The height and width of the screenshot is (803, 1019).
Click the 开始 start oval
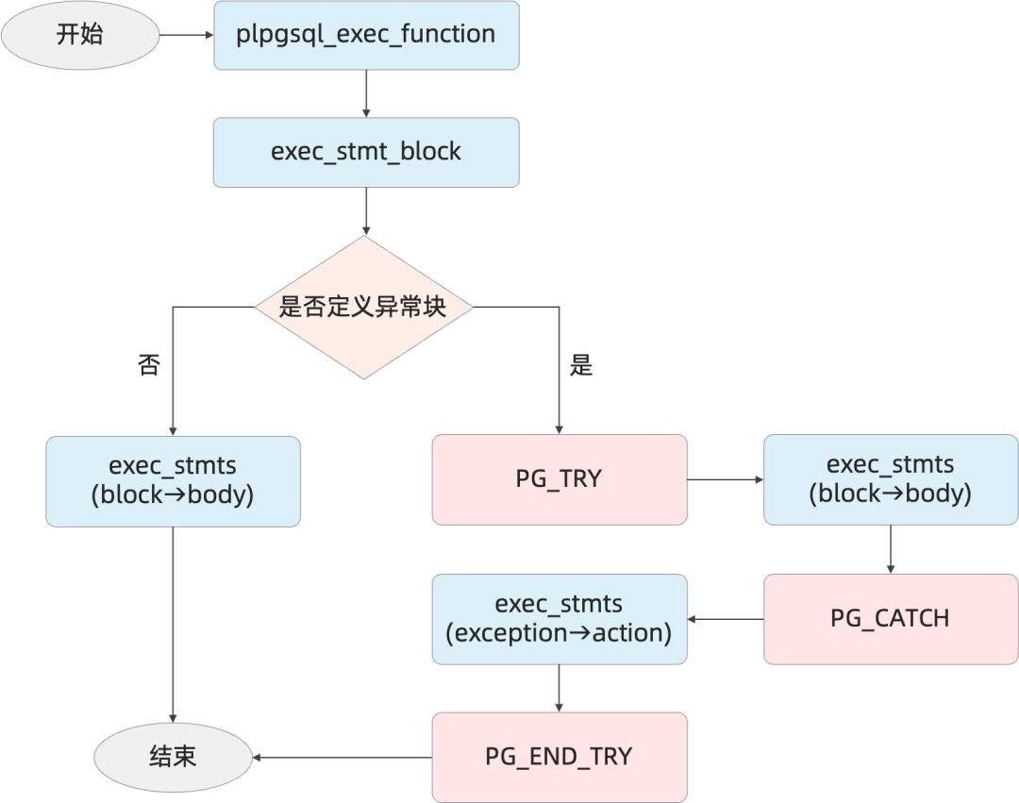coord(80,35)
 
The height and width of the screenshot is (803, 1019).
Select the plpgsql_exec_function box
coord(366,35)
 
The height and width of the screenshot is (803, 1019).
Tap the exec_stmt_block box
coord(366,153)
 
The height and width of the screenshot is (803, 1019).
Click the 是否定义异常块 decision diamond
coord(364,308)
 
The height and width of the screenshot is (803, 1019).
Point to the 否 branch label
coord(149,364)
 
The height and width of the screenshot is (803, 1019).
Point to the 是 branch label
coord(581,364)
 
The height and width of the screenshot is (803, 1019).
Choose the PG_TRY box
coord(560,479)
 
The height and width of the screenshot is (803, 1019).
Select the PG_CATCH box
coord(891,619)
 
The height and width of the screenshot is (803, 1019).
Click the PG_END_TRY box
coord(560,758)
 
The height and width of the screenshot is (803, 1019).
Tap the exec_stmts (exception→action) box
coord(560,619)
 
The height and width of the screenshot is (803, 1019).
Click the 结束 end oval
coord(173,758)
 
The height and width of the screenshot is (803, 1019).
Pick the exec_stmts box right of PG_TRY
coord(891,479)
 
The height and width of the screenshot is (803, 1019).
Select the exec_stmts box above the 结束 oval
coord(173,481)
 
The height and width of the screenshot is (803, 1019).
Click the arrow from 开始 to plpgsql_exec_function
coord(187,35)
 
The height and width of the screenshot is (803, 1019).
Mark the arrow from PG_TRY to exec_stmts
coord(726,479)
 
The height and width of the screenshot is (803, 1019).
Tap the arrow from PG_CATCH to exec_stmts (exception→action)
coord(726,619)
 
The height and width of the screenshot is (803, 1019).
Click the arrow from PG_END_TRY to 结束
coord(342,758)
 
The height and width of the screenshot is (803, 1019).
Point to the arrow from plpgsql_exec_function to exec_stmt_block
coord(366,93)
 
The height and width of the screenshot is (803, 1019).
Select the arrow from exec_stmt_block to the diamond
coord(366,211)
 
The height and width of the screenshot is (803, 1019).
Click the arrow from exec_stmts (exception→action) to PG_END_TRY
coord(559,688)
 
